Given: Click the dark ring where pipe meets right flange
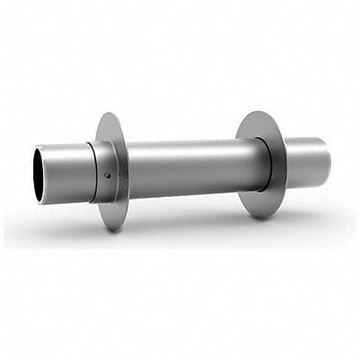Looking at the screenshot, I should point(266,167).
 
